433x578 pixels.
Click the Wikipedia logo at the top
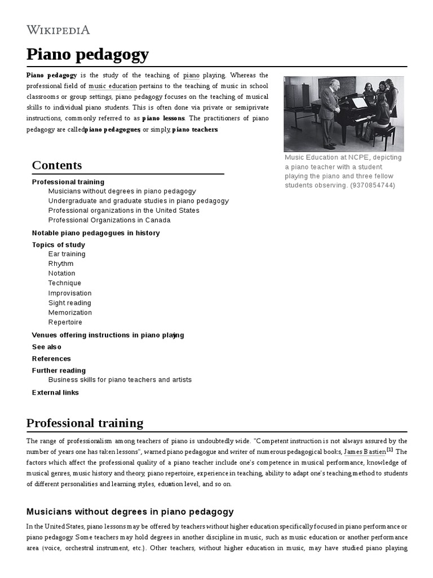(x=58, y=29)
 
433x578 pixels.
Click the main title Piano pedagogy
(x=87, y=54)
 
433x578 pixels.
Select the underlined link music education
(x=113, y=86)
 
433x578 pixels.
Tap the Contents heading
(x=57, y=165)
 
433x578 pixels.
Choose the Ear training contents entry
(x=67, y=254)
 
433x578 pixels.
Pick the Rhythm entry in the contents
(x=61, y=264)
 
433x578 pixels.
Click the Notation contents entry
(x=61, y=273)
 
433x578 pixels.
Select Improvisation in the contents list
(x=70, y=293)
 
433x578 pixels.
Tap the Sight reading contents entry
(x=70, y=303)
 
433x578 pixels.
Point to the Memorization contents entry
(x=70, y=312)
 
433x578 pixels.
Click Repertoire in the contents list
(x=65, y=322)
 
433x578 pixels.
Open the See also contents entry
(x=47, y=347)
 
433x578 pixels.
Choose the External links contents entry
(x=55, y=392)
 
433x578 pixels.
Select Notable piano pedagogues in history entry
(x=96, y=233)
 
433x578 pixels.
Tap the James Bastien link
(x=365, y=452)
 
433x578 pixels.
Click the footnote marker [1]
(x=390, y=450)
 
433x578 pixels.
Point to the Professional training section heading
(x=85, y=423)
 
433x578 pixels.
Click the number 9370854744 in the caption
(x=373, y=185)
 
